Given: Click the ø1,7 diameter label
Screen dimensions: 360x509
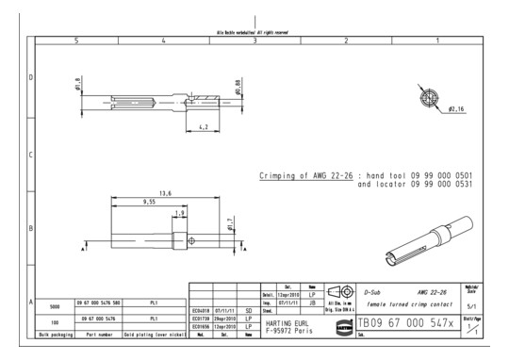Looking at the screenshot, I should coord(229,226).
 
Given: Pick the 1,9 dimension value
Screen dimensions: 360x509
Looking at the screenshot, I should coord(180,213).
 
